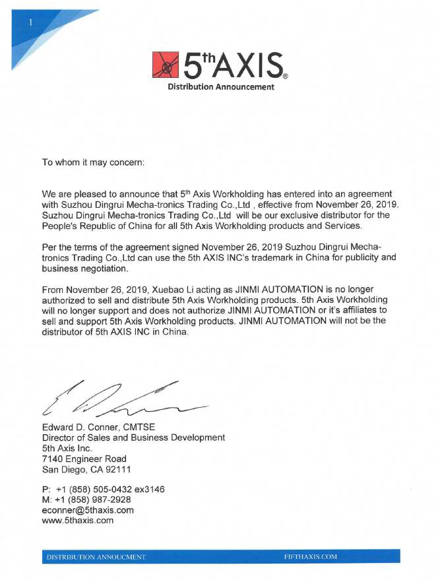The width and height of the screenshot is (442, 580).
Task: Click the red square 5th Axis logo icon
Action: pos(166,65)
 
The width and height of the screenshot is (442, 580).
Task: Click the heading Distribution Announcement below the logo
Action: pos(220,87)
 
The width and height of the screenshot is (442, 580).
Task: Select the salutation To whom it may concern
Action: pos(92,162)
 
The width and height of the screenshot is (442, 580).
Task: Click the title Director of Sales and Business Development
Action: pos(133,437)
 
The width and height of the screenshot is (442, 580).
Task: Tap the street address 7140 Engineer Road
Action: pos(84,459)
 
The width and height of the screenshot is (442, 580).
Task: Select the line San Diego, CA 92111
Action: pos(86,469)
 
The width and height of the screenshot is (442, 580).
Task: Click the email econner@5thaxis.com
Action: pos(88,510)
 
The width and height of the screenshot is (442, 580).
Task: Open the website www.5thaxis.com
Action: pos(78,521)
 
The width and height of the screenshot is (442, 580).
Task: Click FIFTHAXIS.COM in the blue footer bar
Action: pos(310,556)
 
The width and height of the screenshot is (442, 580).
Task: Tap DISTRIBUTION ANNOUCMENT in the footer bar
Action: pos(96,557)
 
